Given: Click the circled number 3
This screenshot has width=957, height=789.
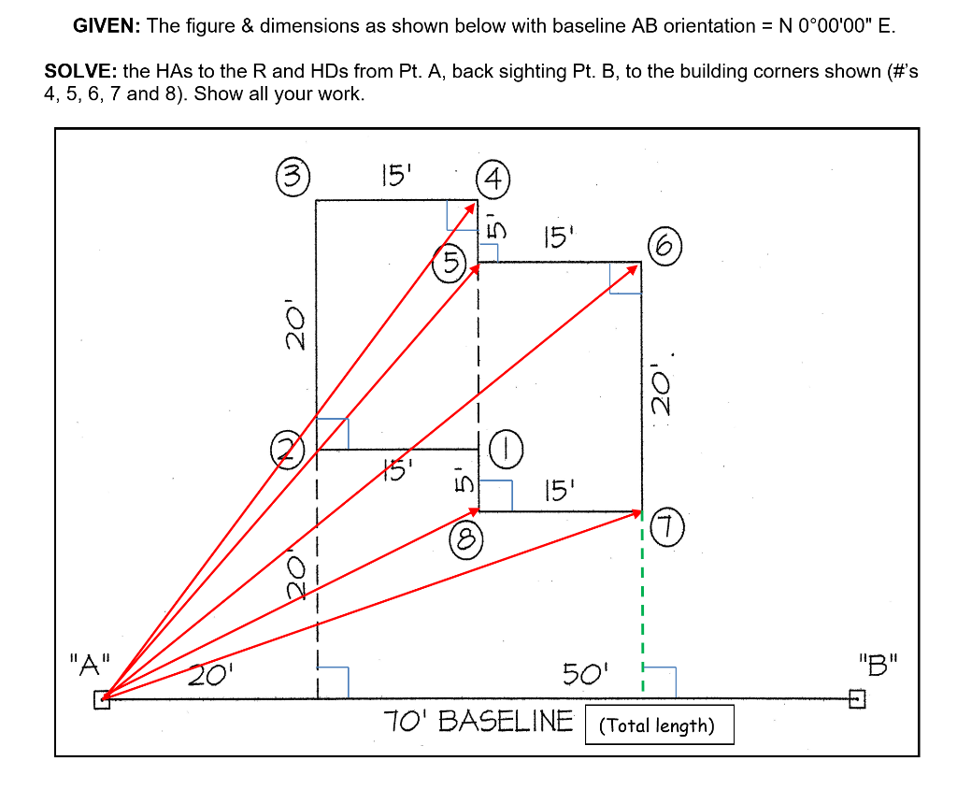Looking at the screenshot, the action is (x=292, y=176).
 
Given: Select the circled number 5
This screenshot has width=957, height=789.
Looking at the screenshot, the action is (x=450, y=261).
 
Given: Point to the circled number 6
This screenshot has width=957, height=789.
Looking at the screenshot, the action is (x=663, y=246).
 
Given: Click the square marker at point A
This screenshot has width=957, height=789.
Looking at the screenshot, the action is (x=102, y=700).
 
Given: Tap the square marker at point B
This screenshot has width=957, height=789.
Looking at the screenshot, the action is (x=856, y=697).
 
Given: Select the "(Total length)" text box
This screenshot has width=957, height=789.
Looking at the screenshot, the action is (x=659, y=725).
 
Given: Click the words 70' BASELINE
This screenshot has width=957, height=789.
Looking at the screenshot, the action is (x=478, y=722).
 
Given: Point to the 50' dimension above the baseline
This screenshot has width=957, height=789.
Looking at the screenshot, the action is (x=585, y=672).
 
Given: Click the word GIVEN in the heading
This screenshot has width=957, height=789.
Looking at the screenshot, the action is (x=107, y=26).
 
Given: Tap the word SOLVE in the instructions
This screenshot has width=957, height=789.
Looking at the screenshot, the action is (x=80, y=73).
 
